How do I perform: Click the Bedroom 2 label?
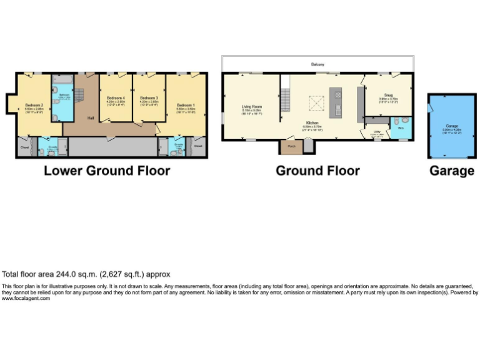(x=34, y=105)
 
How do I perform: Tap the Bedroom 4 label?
(x=116, y=98)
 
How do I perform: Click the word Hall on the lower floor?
(x=91, y=118)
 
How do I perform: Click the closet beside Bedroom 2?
(x=24, y=147)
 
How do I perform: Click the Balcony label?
(x=318, y=64)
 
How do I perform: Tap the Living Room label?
(x=251, y=107)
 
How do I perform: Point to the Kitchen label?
(x=312, y=122)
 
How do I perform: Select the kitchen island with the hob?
(x=337, y=103)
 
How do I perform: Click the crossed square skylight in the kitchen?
(x=316, y=102)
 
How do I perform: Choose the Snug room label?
(x=388, y=95)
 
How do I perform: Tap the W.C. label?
(x=400, y=127)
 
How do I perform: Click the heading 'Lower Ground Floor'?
(x=107, y=171)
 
